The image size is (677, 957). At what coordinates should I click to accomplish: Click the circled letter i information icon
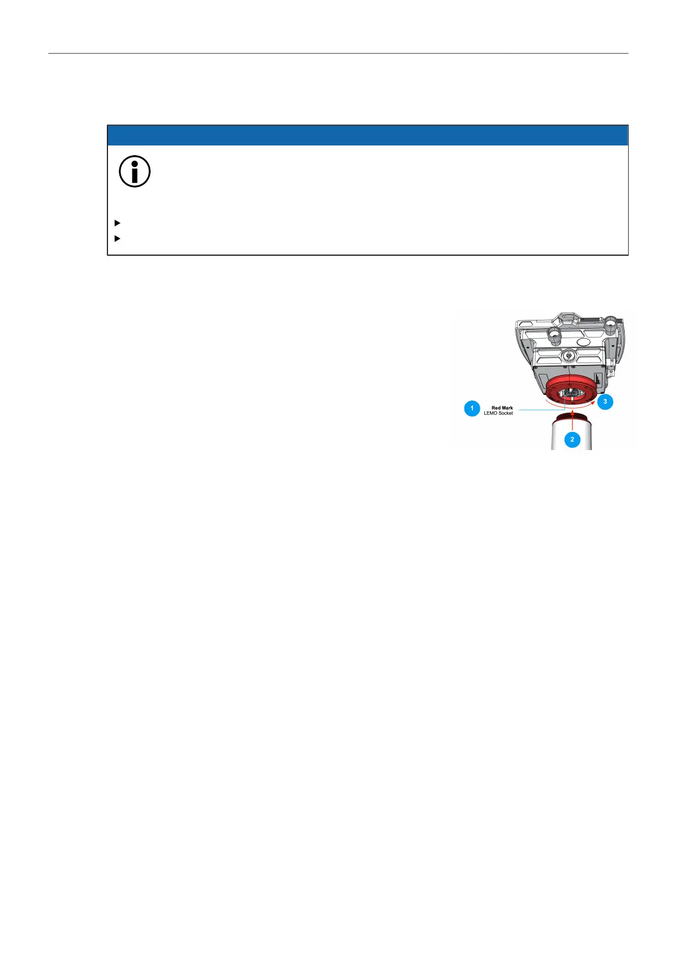[135, 171]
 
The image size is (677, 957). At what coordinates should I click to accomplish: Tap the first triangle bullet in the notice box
[118, 223]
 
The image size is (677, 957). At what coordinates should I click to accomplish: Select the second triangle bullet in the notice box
[118, 238]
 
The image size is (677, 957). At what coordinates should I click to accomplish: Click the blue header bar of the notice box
[367, 135]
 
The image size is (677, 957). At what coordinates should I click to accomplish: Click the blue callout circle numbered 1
[472, 409]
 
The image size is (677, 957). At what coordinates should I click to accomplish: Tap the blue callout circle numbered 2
[572, 439]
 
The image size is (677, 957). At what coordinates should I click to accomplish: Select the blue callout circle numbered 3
[605, 402]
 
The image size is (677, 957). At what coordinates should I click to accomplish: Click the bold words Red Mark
[502, 407]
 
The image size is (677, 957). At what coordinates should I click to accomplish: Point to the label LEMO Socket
[498, 413]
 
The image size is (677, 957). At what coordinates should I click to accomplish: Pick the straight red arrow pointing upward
[572, 420]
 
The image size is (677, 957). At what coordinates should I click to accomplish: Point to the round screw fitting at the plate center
[569, 355]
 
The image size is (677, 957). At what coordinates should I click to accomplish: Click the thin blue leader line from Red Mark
[537, 409]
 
